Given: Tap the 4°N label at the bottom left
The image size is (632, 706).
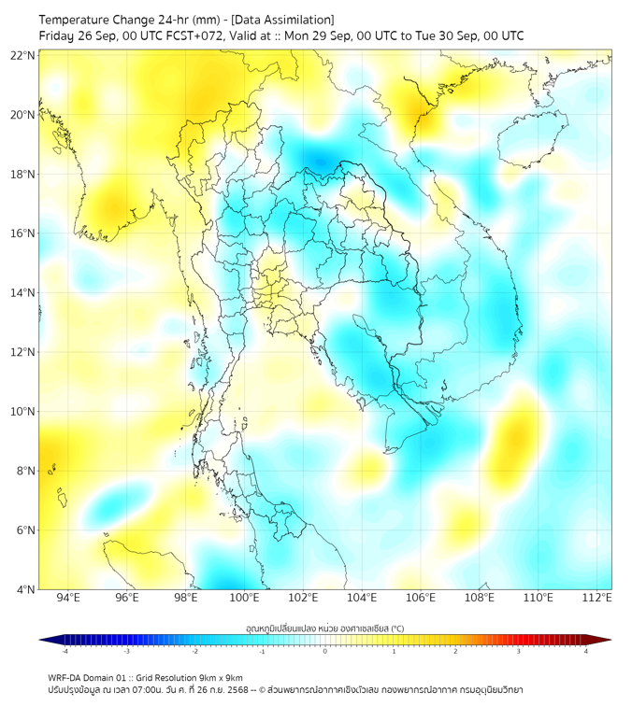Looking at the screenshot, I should (x=26, y=589).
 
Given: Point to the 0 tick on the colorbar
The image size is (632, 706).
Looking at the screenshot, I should (x=325, y=651).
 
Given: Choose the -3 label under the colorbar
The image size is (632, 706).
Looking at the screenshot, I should (x=127, y=651).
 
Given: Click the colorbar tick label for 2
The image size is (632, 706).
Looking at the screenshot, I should (x=455, y=651).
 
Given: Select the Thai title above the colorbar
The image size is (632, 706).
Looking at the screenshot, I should (x=324, y=628).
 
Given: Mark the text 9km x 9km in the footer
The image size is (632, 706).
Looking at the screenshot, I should (x=222, y=677).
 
